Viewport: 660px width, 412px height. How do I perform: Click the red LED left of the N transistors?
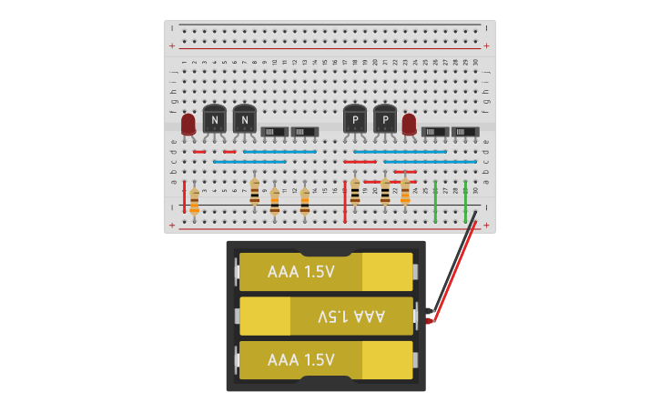[x=188, y=125]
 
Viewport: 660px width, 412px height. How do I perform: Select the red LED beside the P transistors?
[x=409, y=124]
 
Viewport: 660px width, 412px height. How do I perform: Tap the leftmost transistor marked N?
[x=214, y=119]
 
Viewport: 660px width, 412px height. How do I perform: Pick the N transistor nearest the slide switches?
[x=244, y=119]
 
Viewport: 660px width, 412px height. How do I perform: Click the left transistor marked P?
[x=355, y=119]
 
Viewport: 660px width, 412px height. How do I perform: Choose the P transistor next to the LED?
[x=385, y=119]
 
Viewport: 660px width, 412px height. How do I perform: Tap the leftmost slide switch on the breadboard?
[x=274, y=132]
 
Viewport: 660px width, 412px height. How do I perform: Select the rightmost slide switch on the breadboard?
[x=465, y=132]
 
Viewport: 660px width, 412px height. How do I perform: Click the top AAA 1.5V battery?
[x=325, y=272]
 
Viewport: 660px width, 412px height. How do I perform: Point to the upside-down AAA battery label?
[x=351, y=317]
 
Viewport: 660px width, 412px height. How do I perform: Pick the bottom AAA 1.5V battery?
[x=325, y=360]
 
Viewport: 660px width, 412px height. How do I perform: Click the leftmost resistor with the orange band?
[x=194, y=200]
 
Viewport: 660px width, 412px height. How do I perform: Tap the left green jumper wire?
[x=435, y=201]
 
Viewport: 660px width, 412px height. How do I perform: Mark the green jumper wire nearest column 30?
[x=465, y=201]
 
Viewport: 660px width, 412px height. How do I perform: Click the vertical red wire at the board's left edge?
[x=184, y=196]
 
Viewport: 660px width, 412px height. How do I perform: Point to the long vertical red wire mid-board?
[x=345, y=196]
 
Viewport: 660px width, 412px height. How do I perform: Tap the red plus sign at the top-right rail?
[x=486, y=45]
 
